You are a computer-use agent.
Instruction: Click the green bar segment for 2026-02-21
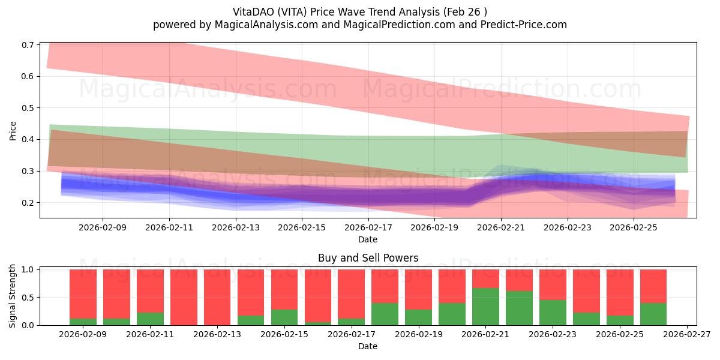pyautogui.click(x=485, y=307)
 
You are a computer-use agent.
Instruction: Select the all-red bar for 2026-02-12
pyautogui.click(x=184, y=297)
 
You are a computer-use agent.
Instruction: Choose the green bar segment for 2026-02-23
pyautogui.click(x=553, y=313)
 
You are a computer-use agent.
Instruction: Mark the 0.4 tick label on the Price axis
pyautogui.click(x=28, y=140)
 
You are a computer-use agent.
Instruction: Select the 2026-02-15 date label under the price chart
pyautogui.click(x=302, y=227)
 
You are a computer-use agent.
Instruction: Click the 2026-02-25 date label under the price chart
pyautogui.click(x=634, y=227)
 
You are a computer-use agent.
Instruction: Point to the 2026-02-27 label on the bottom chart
pyautogui.click(x=687, y=335)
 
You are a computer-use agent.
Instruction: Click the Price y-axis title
pyautogui.click(x=13, y=131)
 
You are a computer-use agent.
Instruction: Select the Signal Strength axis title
pyautogui.click(x=13, y=296)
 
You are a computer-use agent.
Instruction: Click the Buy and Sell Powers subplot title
pyautogui.click(x=368, y=259)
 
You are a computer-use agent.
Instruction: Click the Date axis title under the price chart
pyautogui.click(x=368, y=239)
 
